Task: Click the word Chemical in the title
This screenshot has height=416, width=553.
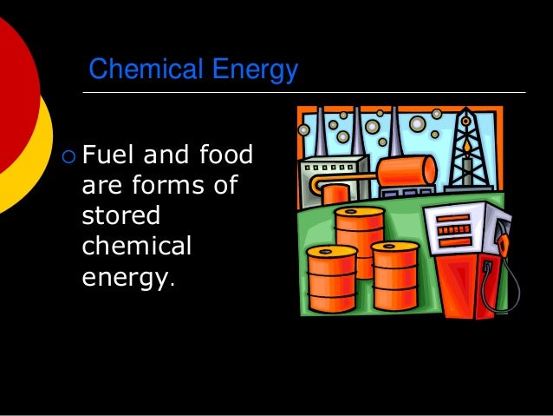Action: (x=143, y=69)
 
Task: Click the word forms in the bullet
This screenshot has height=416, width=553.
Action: (x=153, y=187)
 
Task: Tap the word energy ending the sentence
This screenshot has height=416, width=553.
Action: (x=125, y=278)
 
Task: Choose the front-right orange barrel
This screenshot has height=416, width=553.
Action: (x=395, y=274)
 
